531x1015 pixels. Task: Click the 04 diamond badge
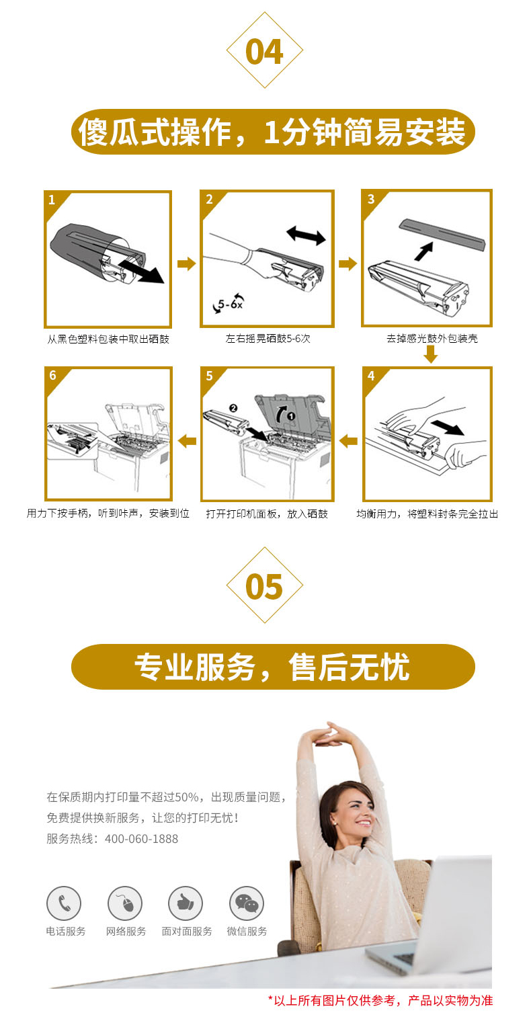[265, 50]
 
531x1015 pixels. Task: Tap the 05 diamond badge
[265, 585]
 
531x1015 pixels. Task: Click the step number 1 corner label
[52, 200]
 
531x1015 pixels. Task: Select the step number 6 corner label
[52, 375]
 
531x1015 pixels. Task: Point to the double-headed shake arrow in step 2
[307, 235]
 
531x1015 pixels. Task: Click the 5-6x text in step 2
[230, 304]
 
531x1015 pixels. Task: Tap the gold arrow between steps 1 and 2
[186, 263]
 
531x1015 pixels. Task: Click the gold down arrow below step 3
[430, 354]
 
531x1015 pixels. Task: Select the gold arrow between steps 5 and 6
[187, 440]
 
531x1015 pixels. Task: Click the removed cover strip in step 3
[442, 234]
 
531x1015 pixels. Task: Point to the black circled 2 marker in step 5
[233, 408]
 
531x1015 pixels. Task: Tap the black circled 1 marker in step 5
[291, 415]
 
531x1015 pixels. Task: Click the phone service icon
[64, 903]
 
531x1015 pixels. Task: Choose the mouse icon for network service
[125, 903]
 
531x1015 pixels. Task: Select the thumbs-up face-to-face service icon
[186, 903]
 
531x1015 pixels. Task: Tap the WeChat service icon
[247, 903]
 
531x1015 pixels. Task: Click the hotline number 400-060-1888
[141, 839]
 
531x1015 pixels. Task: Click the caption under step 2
[268, 339]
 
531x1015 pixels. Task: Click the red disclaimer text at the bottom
[380, 1000]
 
